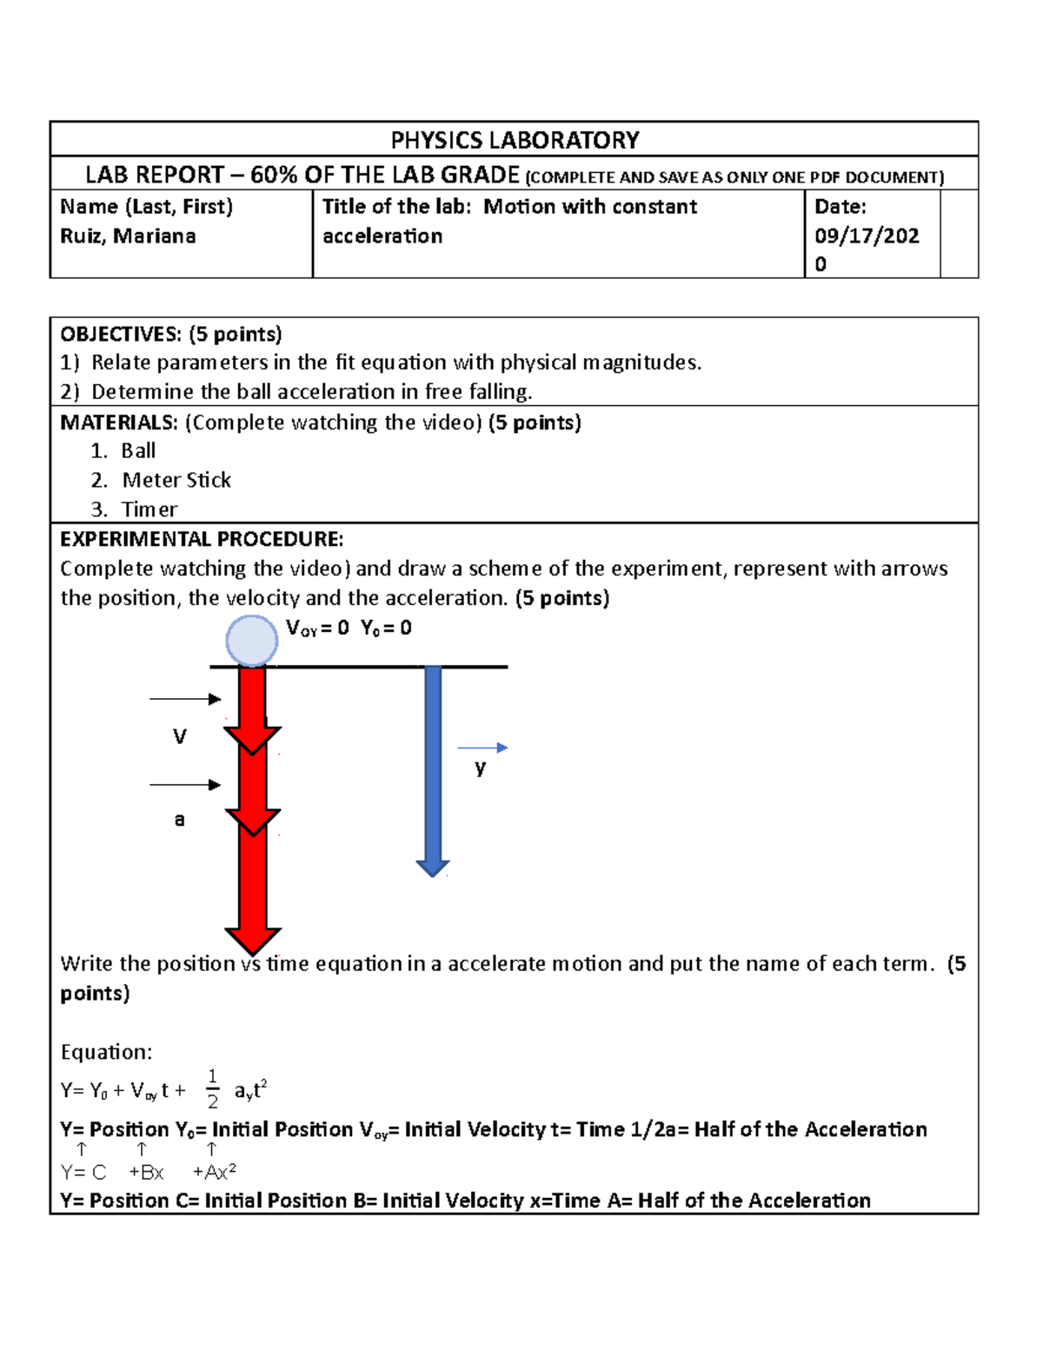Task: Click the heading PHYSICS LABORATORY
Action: (x=515, y=140)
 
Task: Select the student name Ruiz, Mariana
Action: (x=128, y=236)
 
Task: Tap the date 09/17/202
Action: (x=866, y=236)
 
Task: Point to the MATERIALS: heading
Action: (x=119, y=422)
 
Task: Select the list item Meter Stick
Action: (x=176, y=480)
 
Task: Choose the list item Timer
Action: (x=149, y=509)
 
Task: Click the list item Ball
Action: (x=138, y=451)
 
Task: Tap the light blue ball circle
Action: (x=252, y=641)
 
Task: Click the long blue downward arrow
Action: (x=433, y=769)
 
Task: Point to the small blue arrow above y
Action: (x=482, y=748)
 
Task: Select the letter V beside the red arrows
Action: (x=179, y=737)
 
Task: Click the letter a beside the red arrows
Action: (x=179, y=819)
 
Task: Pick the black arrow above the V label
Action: (x=185, y=699)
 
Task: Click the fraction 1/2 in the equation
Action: (x=212, y=1089)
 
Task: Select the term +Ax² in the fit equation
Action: (x=215, y=1172)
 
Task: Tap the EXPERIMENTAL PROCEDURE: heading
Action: (x=202, y=539)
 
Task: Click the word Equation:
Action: (x=106, y=1052)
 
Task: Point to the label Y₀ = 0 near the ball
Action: (x=386, y=628)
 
